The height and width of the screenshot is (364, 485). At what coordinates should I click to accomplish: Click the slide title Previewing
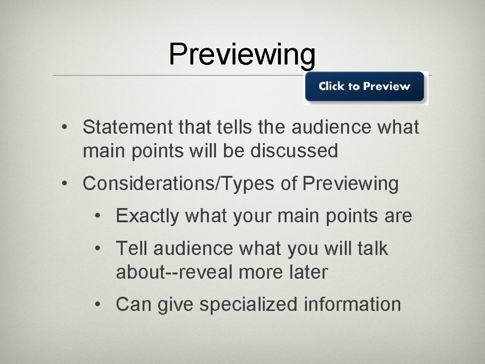[242, 55]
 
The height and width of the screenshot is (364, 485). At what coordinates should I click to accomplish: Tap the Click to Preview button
[364, 87]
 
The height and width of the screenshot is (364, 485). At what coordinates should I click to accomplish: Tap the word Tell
[132, 248]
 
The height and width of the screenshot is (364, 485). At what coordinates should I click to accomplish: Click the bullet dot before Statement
[69, 128]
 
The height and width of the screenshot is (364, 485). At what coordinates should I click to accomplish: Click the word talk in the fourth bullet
[371, 248]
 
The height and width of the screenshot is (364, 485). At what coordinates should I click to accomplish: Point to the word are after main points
[399, 217]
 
